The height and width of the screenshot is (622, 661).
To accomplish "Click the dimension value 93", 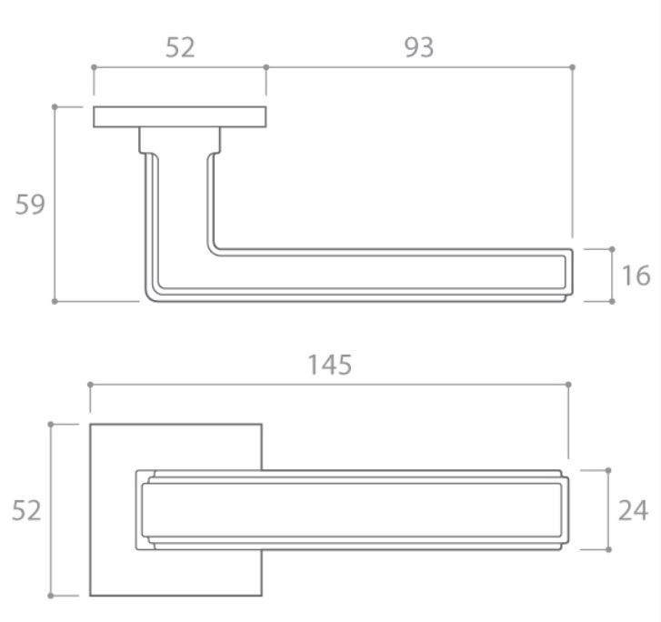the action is pos(419,47).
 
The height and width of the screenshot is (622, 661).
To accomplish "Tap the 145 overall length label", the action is pos(330,365).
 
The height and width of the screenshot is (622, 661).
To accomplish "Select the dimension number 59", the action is pos(29,205).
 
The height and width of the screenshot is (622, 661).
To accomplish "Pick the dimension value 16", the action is pos(636,276).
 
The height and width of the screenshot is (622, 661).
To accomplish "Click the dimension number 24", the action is pos(633,510).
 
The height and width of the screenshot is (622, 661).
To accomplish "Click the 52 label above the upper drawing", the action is pos(180,47).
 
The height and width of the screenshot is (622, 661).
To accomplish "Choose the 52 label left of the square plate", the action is pos(26,510).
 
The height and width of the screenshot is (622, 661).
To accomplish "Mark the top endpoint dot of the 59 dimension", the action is pos(55,107).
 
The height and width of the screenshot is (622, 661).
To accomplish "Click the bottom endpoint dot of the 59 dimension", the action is pos(55,302).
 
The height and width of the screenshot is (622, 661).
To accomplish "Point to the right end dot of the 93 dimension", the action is pos(572,67).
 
